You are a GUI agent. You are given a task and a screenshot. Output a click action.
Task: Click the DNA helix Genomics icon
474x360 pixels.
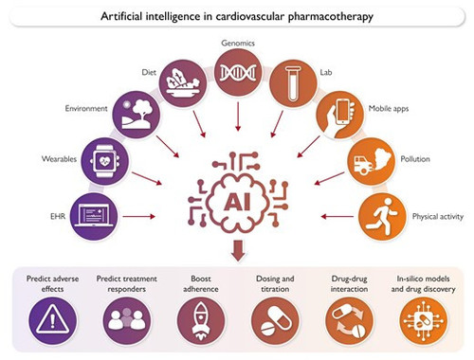click(238, 72)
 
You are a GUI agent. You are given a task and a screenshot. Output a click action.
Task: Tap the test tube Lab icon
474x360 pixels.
click(293, 83)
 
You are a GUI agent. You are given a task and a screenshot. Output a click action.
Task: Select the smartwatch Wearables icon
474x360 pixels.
click(104, 161)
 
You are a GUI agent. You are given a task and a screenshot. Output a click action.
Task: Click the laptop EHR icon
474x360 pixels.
click(94, 216)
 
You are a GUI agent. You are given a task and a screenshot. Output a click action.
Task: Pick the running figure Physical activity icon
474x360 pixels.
click(383, 216)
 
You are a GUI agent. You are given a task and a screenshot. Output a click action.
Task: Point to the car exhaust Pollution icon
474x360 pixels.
click(372, 161)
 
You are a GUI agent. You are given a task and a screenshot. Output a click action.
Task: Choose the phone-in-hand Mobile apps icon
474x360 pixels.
click(340, 115)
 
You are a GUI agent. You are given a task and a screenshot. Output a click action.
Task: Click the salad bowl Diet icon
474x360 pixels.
click(183, 83)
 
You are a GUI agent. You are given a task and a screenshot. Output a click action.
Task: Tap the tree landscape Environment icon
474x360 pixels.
click(137, 115)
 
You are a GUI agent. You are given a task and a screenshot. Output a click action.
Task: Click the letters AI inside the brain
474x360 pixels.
click(237, 202)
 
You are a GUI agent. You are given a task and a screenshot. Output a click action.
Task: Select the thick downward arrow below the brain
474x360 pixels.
click(238, 250)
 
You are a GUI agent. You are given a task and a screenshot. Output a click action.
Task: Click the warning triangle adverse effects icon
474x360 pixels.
click(52, 321)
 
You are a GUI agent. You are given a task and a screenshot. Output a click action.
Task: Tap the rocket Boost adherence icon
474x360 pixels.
click(201, 321)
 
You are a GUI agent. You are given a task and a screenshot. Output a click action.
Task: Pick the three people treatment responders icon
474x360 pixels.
click(127, 321)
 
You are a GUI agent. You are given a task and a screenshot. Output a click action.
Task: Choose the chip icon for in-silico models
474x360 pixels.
click(423, 321)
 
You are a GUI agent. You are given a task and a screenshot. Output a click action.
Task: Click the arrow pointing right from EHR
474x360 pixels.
click(138, 217)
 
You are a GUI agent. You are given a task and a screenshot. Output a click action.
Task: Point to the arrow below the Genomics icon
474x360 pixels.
click(238, 117)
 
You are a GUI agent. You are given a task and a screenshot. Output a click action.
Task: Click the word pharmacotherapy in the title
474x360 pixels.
click(331, 16)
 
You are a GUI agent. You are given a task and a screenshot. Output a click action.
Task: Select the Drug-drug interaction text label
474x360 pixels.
click(349, 283)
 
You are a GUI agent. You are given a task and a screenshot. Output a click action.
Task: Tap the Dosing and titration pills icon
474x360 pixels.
click(275, 321)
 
